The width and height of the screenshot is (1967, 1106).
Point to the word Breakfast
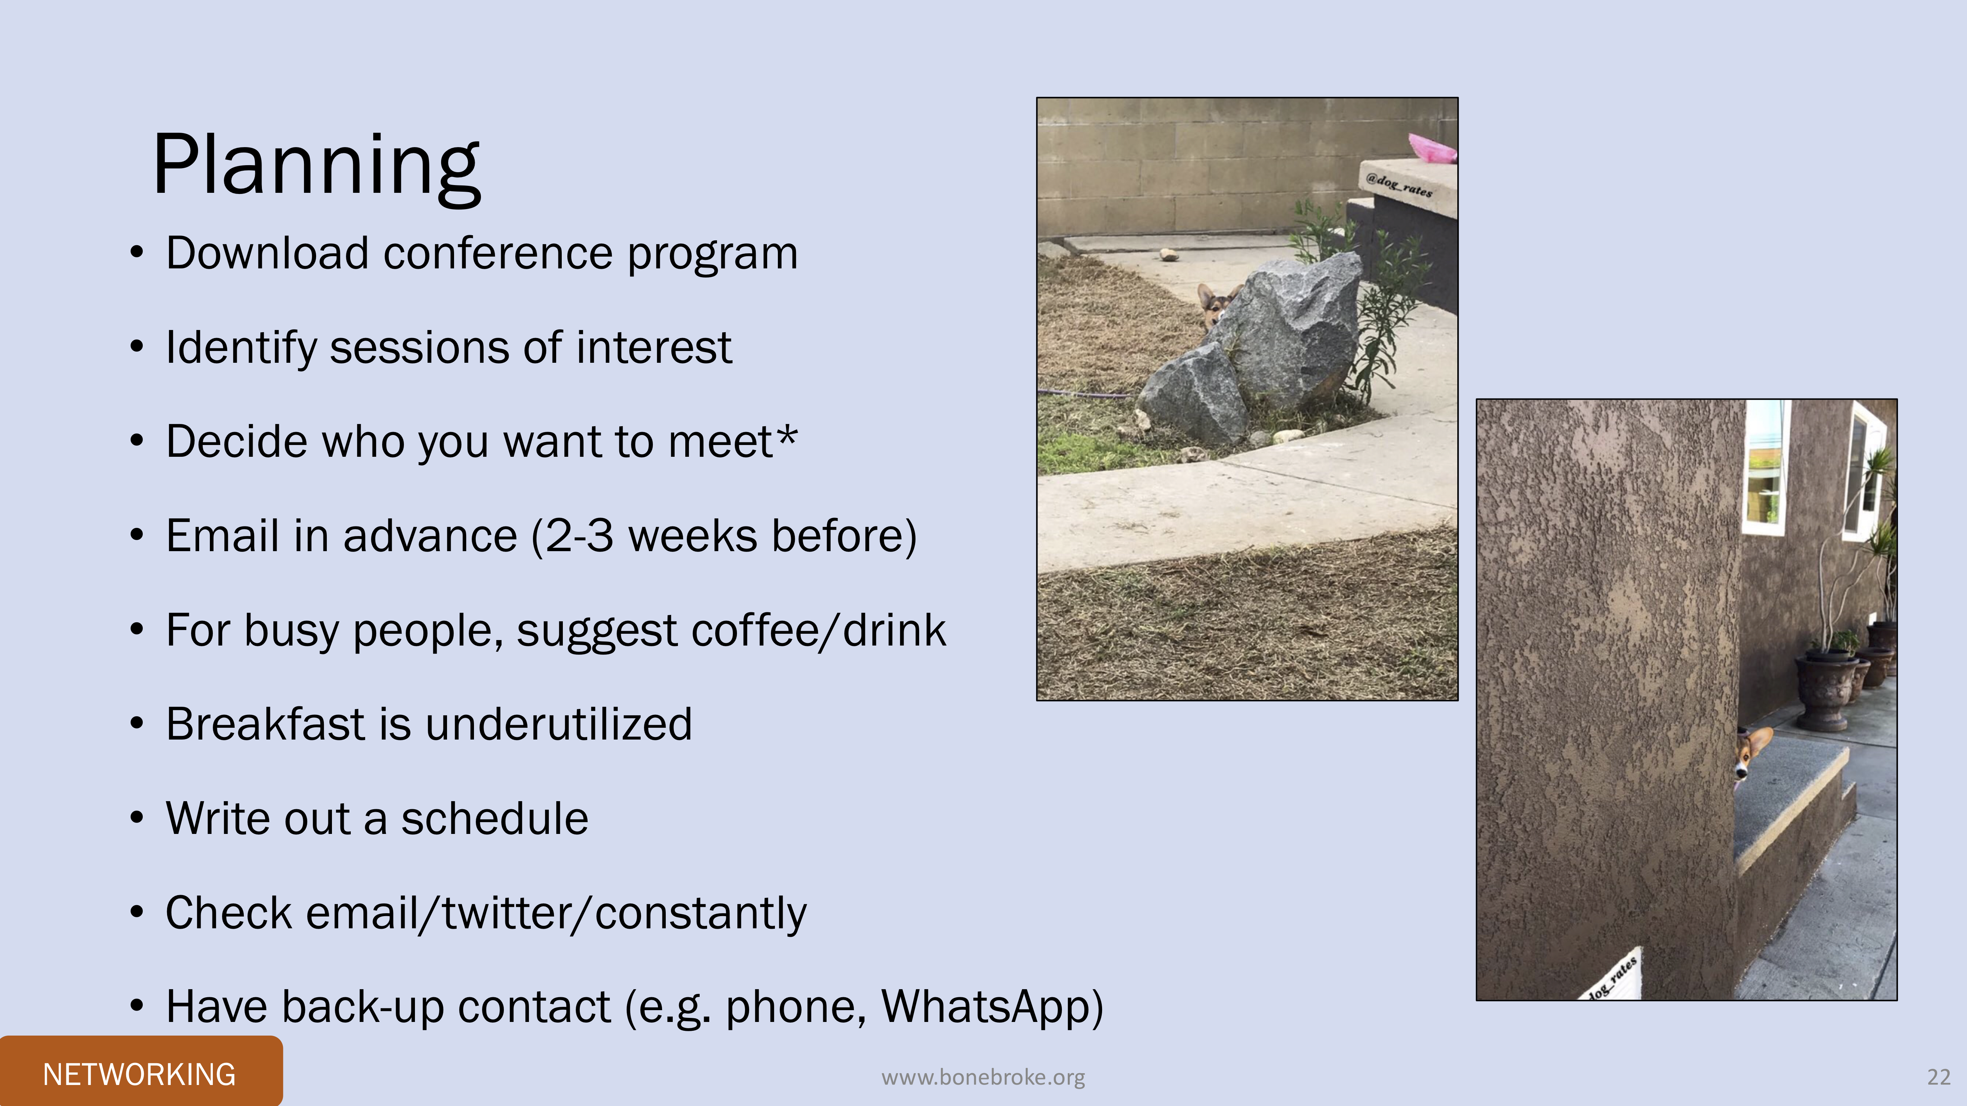click(265, 724)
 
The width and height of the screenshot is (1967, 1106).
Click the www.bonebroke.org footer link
click(983, 1077)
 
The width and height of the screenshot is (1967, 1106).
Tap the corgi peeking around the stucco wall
click(1752, 756)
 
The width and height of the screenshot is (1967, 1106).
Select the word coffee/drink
click(818, 630)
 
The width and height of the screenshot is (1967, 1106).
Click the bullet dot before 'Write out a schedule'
click(137, 817)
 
